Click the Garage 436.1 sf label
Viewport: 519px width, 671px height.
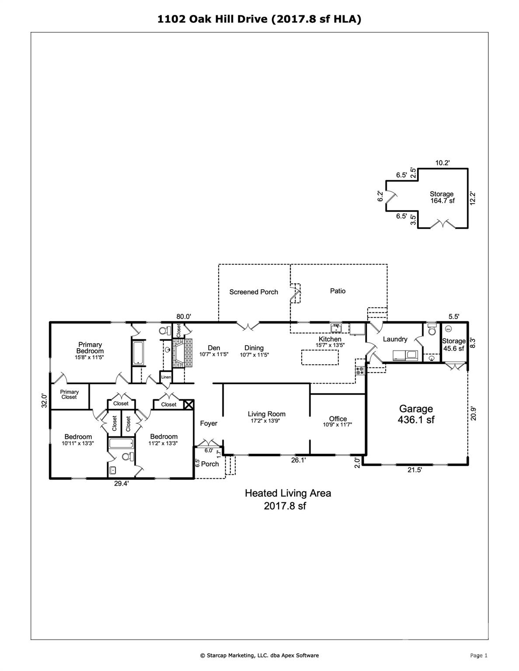(x=416, y=414)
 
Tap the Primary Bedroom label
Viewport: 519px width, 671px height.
(x=90, y=348)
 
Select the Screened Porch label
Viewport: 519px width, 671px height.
(x=254, y=292)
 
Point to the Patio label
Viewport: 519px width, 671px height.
(x=338, y=291)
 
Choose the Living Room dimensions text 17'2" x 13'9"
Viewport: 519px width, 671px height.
(x=267, y=421)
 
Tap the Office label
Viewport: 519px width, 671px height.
(x=338, y=419)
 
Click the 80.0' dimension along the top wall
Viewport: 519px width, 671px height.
(x=184, y=316)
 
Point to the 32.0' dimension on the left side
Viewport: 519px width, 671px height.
(x=44, y=401)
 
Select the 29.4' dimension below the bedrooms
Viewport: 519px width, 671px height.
(x=122, y=484)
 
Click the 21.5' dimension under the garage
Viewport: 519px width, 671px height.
(x=415, y=470)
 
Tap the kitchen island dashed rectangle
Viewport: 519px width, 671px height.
(x=320, y=357)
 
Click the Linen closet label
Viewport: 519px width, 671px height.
(x=166, y=377)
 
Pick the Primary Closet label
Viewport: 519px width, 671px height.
(x=69, y=394)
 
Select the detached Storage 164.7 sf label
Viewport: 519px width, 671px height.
(x=442, y=197)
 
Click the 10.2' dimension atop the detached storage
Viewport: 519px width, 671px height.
(x=442, y=163)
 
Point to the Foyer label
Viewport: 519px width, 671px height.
(x=209, y=423)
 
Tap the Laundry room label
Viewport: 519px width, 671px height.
(x=395, y=339)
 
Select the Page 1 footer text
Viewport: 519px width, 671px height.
(x=479, y=655)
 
